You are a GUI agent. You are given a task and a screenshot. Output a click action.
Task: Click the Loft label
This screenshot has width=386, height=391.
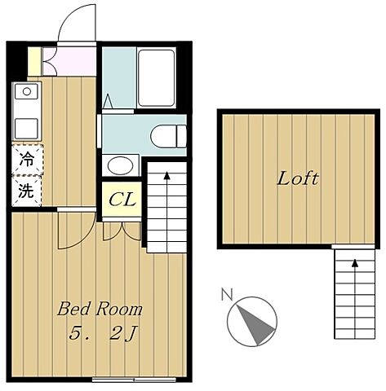(x=297, y=178)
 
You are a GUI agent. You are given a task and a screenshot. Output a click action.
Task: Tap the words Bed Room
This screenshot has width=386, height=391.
(x=100, y=309)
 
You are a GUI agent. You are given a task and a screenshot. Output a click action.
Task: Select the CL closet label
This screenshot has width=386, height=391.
(x=122, y=199)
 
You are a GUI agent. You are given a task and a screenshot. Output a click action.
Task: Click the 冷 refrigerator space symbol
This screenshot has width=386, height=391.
(x=27, y=160)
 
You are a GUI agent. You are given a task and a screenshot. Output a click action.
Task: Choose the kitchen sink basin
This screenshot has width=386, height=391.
(x=27, y=127)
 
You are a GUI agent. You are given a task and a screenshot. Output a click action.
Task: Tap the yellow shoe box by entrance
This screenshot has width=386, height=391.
(x=34, y=60)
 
